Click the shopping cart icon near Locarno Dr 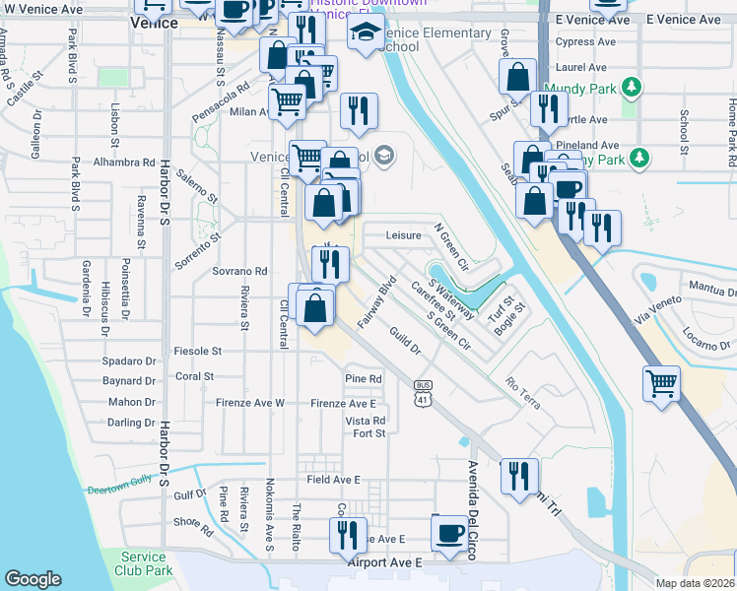661,382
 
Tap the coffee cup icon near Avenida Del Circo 450,532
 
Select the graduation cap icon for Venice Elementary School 366,31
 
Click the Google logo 33,579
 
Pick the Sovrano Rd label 240,271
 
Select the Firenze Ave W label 251,403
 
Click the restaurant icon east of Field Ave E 518,475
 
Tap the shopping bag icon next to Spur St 517,76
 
